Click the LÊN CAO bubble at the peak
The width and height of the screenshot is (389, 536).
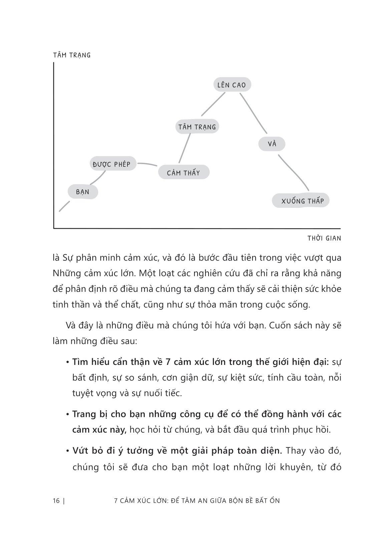coord(232,85)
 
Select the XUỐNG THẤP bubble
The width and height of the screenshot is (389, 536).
coord(301,201)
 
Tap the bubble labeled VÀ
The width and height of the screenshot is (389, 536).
coord(272,144)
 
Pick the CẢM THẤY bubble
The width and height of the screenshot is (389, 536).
coord(183,172)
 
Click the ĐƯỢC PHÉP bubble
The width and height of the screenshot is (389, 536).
coord(112,164)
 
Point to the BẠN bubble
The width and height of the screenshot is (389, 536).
coord(83,192)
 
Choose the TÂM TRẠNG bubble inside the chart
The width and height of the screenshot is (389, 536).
coord(197,127)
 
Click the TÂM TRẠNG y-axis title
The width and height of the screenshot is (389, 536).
coord(72,55)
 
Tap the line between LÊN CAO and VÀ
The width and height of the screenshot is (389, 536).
coord(254,113)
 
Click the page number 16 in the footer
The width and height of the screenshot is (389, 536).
coord(56,500)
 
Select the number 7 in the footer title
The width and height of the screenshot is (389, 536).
coord(116,500)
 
